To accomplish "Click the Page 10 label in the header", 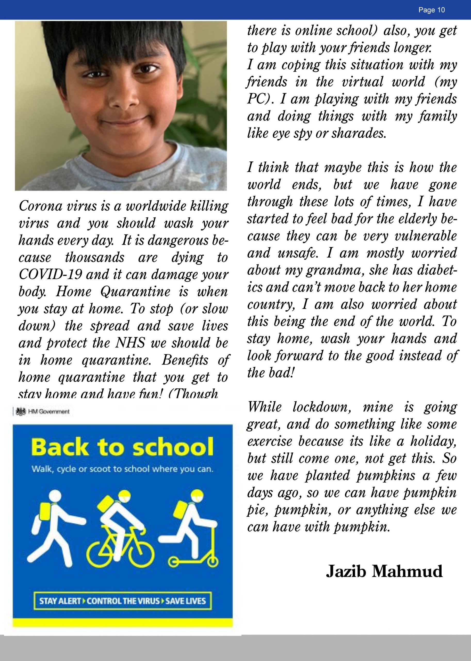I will pyautogui.click(x=431, y=10).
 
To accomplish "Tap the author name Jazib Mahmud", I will pyautogui.click(x=384, y=571).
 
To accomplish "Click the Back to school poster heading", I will pyautogui.click(x=122, y=447).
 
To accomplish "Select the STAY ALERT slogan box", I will pyautogui.click(x=122, y=601).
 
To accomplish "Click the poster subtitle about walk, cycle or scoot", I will pyautogui.click(x=122, y=469).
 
